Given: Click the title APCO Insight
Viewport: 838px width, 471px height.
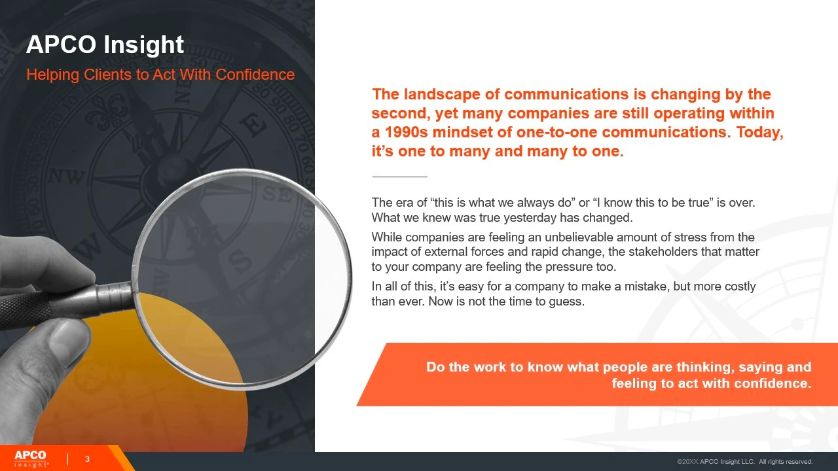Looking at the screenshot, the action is point(105,44).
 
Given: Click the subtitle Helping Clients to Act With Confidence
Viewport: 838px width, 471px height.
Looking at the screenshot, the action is point(160,75).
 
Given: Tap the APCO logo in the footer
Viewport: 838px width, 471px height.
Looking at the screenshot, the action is point(30,459).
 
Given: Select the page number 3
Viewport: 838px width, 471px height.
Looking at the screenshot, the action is point(87,459).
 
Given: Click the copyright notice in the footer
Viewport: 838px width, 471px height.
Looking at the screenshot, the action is point(744,462).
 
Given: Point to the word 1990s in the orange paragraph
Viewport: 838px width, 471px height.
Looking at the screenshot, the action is point(407,132).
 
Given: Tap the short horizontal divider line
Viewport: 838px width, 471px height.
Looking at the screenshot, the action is point(399,177).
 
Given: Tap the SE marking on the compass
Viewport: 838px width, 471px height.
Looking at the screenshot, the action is point(277,194).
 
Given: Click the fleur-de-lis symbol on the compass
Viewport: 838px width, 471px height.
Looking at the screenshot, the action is point(107,111).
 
